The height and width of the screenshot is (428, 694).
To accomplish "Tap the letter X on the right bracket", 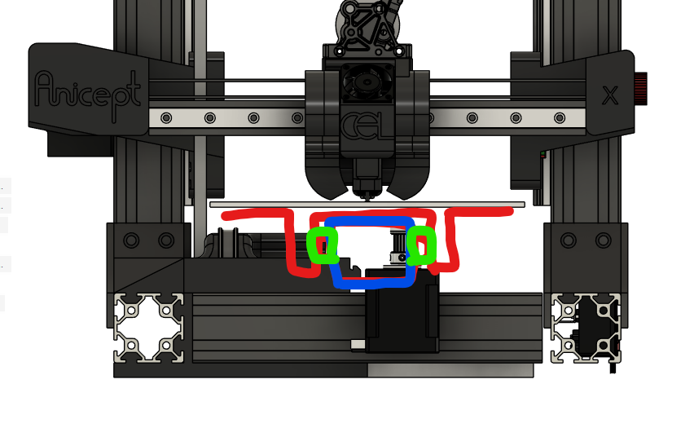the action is pos(610,95).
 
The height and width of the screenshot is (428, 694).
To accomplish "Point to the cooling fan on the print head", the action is pos(367,82).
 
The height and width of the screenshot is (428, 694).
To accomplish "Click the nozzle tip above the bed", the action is pos(367,198).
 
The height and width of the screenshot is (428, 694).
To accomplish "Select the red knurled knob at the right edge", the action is pos(640,89).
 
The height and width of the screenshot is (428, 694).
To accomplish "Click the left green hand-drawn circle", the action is pos(323,245).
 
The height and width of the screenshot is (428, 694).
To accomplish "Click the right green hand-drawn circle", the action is pos(421,246).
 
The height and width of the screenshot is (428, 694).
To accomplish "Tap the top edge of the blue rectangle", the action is pos(369,221).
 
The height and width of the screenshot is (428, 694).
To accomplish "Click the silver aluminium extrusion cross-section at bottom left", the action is pos(148,328).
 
